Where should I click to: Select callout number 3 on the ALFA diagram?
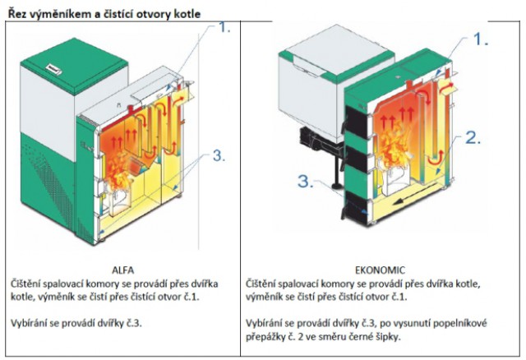point(218,155)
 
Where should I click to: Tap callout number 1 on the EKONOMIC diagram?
point(482,38)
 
